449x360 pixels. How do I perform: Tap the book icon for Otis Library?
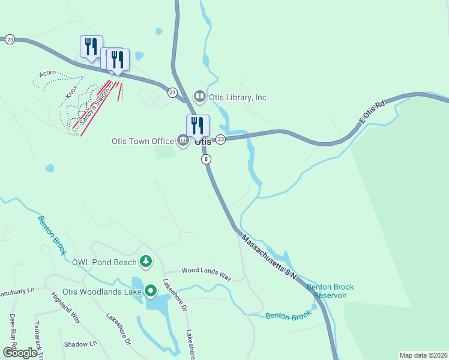pos(199,96)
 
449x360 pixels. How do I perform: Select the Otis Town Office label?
pos(142,142)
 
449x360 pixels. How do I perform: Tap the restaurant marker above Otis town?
pos(197,126)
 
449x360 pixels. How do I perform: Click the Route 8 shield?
pos(206,159)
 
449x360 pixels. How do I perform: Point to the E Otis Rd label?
pos(370,112)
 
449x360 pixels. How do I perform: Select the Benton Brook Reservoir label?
pos(330,291)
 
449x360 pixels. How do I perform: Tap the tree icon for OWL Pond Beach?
pos(145,262)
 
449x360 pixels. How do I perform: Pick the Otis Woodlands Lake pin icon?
pos(150,292)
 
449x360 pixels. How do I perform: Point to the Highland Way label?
pos(65,307)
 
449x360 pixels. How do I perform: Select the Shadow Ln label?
pos(80,344)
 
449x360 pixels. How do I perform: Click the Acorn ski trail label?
pos(47,74)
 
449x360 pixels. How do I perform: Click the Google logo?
pos(20,353)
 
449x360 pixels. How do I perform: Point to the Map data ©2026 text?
pos(423,355)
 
